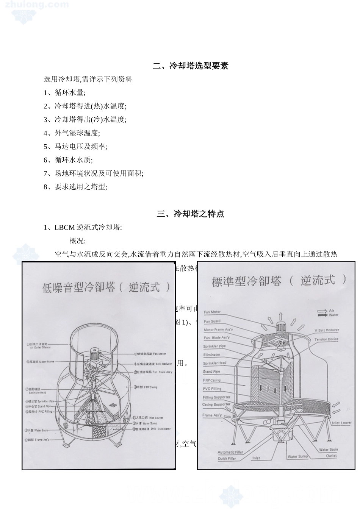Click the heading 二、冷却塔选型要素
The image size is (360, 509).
point(190,66)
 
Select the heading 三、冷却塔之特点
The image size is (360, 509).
point(190,214)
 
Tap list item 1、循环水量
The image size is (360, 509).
point(64,93)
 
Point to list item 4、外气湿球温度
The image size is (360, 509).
point(72,133)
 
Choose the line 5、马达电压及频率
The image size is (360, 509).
point(75,147)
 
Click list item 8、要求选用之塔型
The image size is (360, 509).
point(75,187)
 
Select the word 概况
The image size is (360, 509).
point(78,241)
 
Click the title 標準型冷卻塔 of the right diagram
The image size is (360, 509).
point(247,281)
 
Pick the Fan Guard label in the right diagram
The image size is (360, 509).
point(212,321)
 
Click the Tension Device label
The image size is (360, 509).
point(326,339)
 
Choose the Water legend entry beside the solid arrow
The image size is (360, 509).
point(333,315)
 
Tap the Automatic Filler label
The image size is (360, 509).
point(230,452)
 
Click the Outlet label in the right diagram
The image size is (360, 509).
point(331,456)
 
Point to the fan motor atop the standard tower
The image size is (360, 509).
point(281,327)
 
